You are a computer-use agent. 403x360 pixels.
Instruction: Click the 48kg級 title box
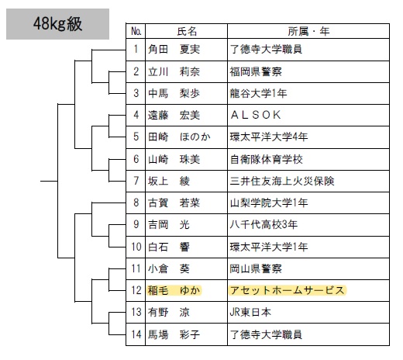click(57, 24)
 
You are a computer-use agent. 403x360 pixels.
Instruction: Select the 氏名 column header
click(187, 32)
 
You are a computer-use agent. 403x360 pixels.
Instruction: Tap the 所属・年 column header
click(308, 32)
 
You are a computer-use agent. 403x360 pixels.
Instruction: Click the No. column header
click(136, 32)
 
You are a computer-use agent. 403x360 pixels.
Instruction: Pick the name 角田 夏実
click(174, 49)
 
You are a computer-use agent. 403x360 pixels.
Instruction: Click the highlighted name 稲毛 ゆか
click(174, 290)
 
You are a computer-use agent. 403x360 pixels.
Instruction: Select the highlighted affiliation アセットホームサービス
click(288, 290)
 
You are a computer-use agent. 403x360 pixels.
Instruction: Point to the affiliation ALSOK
click(256, 115)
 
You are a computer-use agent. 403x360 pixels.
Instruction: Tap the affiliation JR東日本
click(250, 312)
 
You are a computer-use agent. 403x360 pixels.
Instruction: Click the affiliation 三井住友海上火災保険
click(282, 181)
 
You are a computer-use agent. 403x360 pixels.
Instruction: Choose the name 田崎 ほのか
click(179, 137)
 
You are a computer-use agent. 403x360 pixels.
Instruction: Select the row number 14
click(136, 334)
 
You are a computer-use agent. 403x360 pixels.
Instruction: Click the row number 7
click(136, 181)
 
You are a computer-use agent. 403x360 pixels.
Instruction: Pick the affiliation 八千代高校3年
click(263, 224)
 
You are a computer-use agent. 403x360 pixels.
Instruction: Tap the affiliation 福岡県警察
click(256, 71)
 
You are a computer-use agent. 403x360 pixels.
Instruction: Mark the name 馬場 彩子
click(174, 334)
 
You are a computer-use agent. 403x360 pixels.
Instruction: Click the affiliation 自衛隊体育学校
click(267, 159)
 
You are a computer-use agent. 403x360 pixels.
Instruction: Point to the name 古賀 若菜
click(174, 202)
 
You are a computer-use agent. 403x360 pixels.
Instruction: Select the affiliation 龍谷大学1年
click(259, 93)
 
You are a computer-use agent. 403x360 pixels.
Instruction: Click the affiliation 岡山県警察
click(256, 268)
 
